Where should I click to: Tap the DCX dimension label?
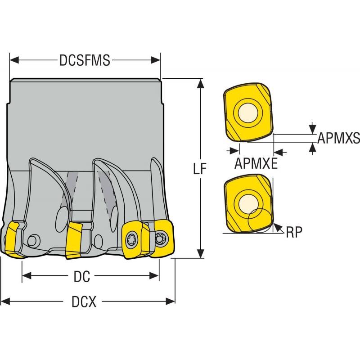85,302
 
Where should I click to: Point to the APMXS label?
338,138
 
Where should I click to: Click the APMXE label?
255,163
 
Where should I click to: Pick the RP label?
294,231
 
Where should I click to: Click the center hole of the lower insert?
248,202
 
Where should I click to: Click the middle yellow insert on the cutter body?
74,241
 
